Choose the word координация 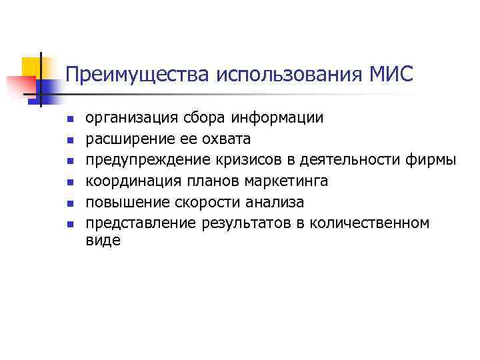pyautogui.click(x=129, y=181)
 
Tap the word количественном pyautogui.click(x=368, y=222)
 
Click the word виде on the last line pyautogui.click(x=103, y=241)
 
